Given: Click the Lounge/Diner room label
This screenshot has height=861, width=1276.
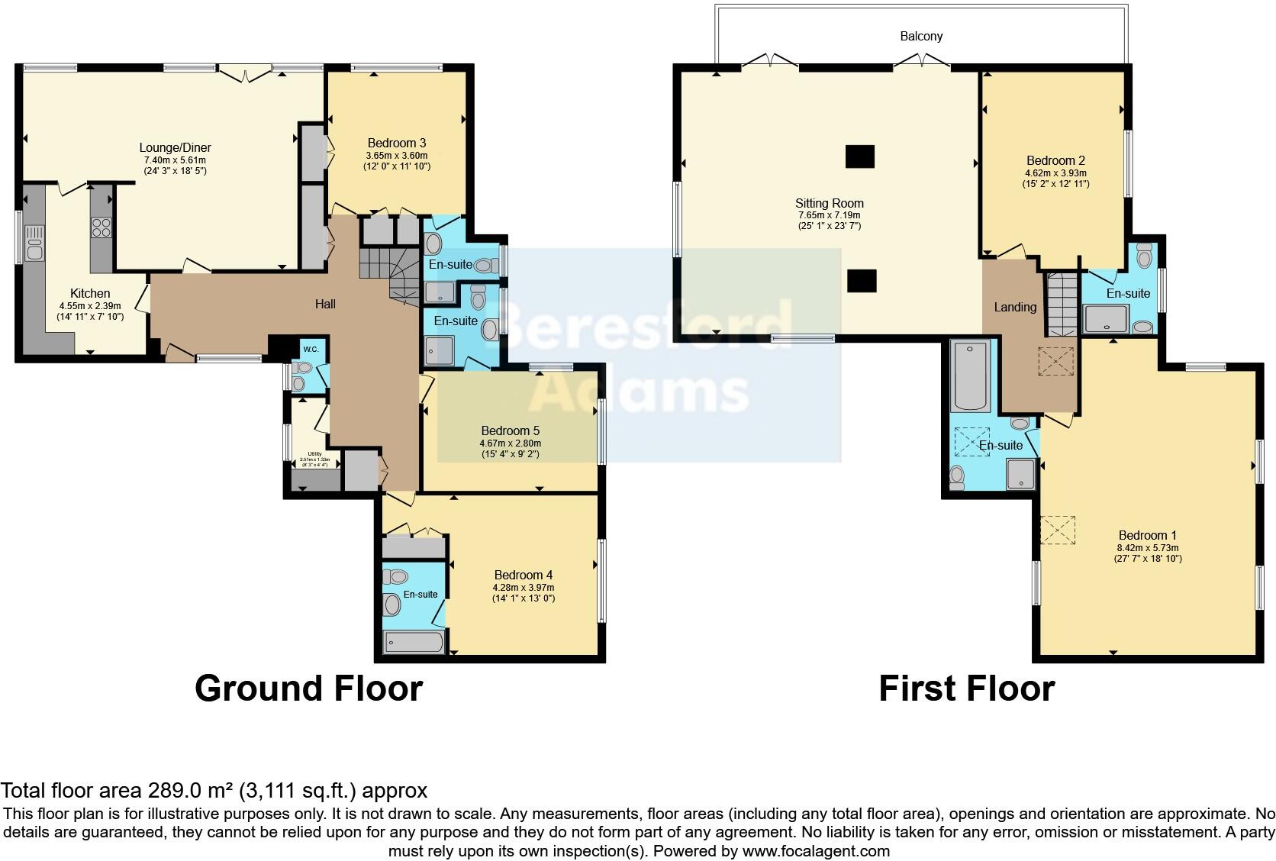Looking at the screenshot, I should click(x=175, y=147).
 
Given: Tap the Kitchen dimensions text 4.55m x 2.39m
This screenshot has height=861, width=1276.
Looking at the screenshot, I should click(x=90, y=305).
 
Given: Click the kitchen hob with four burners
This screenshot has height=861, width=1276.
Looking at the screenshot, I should click(x=101, y=227).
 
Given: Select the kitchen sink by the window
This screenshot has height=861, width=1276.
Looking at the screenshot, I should click(x=35, y=243).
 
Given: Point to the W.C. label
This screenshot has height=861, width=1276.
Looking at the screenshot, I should click(x=311, y=350).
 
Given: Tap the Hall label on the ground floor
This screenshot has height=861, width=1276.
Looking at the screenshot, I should click(x=326, y=304).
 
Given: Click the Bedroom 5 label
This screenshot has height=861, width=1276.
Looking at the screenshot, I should click(x=510, y=430).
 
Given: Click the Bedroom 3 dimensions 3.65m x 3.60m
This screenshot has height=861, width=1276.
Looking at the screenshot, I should click(x=396, y=155).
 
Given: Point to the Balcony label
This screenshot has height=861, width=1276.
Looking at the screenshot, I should click(x=921, y=36).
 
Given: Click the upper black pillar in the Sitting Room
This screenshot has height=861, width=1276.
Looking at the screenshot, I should click(x=860, y=156).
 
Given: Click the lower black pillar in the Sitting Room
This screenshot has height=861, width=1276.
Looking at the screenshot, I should click(x=861, y=281).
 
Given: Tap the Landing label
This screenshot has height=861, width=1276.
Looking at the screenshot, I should click(x=1014, y=307).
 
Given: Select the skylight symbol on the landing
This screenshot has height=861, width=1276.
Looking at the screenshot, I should click(x=1058, y=361).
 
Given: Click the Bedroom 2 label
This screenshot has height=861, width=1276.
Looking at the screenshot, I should click(x=1055, y=160).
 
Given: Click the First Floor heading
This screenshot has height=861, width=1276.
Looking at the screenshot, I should click(x=966, y=688).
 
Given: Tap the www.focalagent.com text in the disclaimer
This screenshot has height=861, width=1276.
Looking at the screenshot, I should click(x=816, y=850).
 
